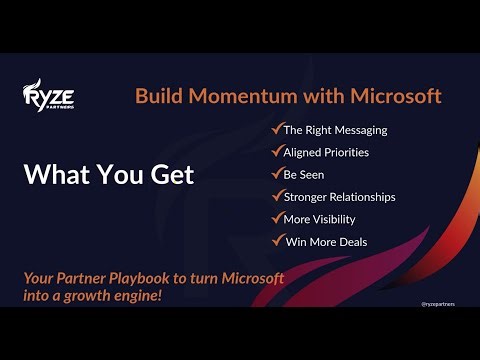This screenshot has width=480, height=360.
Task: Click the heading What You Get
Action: tap(108, 174)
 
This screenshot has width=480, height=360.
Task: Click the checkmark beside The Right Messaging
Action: tap(276, 129)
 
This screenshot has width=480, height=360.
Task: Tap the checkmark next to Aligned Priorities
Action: tap(276, 151)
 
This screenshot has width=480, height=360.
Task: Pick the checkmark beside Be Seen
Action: tap(276, 173)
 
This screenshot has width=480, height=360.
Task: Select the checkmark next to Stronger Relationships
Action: tap(276, 196)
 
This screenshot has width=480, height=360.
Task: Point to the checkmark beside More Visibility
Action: tap(276, 218)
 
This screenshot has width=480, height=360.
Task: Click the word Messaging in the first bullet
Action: tap(357, 130)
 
